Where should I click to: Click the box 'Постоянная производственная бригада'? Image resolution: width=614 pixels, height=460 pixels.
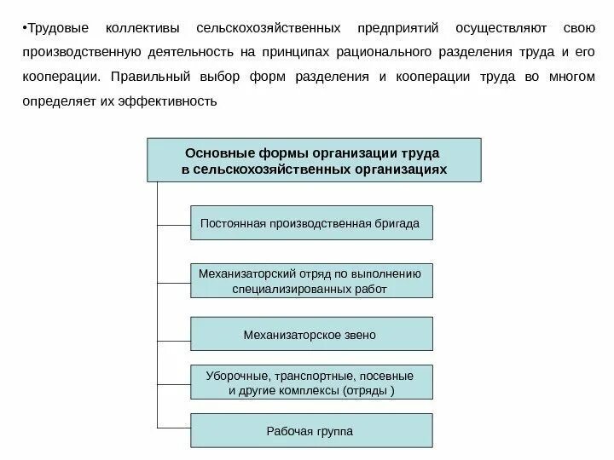310,223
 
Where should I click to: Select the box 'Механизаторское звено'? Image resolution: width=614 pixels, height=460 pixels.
310,335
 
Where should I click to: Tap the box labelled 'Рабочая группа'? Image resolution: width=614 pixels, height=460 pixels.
310,431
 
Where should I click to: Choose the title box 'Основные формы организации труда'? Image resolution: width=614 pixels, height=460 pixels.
314,161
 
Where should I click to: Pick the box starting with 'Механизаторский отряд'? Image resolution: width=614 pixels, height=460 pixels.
310,281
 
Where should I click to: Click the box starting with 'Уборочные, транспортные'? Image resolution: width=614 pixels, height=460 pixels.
310,383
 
